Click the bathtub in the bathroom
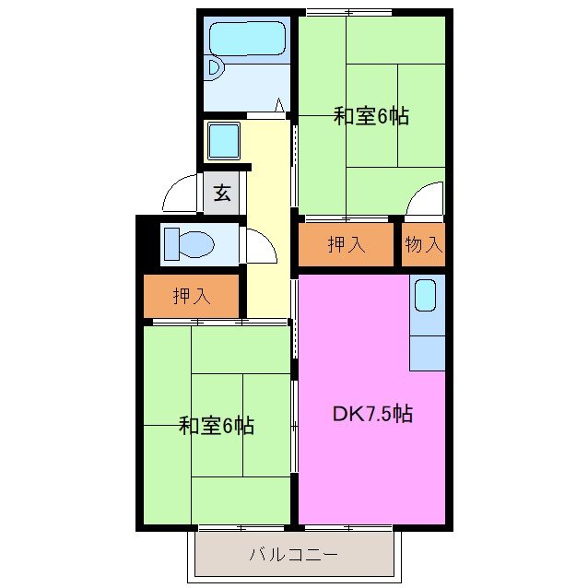(x=247, y=40)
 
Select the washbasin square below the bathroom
(x=223, y=141)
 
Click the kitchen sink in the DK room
(x=425, y=296)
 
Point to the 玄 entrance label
(x=222, y=194)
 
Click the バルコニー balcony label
(x=293, y=555)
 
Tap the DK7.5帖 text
(x=371, y=414)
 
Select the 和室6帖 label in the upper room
(x=370, y=116)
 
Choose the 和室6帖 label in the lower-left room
(x=216, y=426)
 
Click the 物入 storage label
(x=424, y=244)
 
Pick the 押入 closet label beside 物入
(x=347, y=244)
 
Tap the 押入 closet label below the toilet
(x=192, y=296)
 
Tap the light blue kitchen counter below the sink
(x=427, y=351)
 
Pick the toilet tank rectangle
(x=172, y=245)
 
